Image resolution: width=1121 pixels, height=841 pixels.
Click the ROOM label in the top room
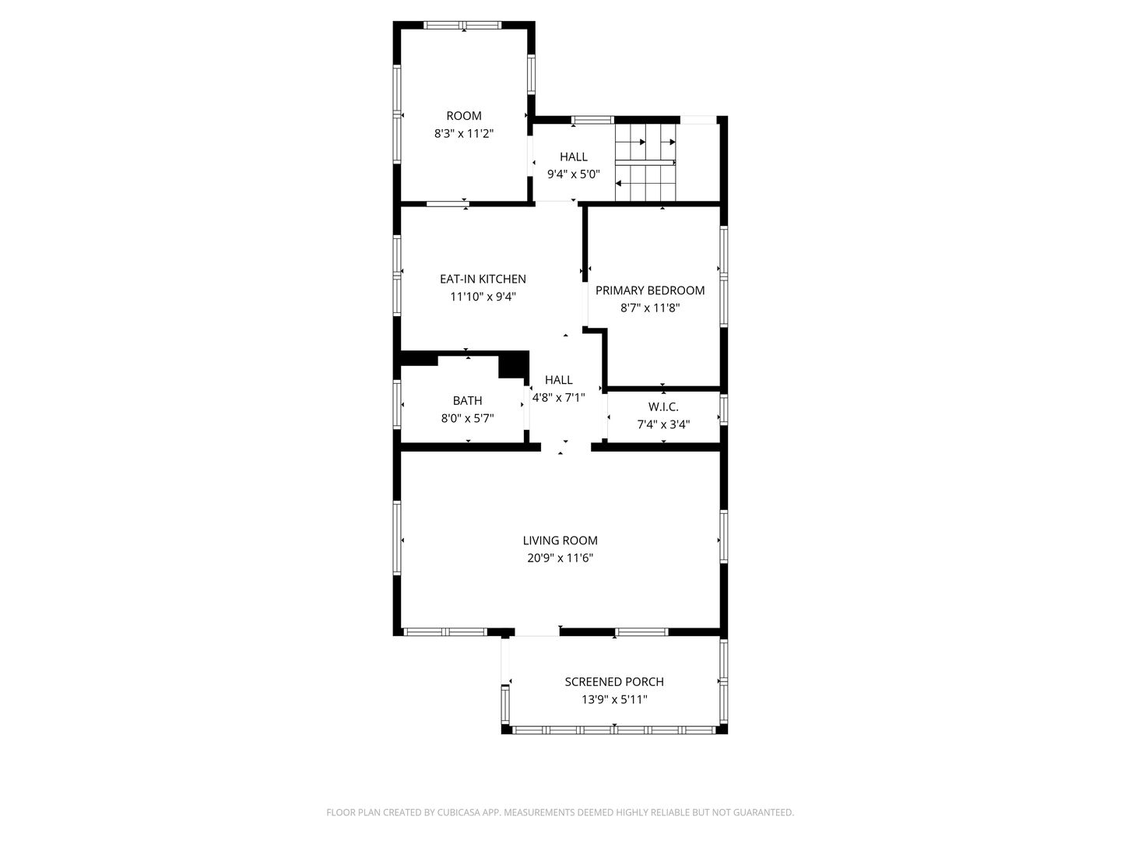click(x=464, y=116)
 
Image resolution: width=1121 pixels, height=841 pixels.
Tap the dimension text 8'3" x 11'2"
click(x=464, y=134)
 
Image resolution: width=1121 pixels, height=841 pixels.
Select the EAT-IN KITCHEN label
click(x=483, y=279)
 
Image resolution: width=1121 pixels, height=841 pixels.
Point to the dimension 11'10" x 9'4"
click(x=483, y=297)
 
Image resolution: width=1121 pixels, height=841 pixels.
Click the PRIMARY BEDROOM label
click(x=650, y=290)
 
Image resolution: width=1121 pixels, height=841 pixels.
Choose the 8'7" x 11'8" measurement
click(x=650, y=308)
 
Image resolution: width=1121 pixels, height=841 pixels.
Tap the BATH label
click(x=467, y=401)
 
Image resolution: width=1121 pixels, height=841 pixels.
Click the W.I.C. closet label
click(x=663, y=407)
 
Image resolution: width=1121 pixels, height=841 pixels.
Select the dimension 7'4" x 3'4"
click(x=663, y=424)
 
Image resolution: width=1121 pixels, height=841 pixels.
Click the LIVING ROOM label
click(x=560, y=540)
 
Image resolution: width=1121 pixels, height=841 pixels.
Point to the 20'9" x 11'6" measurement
click(x=560, y=558)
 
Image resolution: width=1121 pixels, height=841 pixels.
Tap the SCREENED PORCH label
click(x=614, y=682)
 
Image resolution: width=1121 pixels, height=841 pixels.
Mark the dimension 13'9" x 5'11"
click(x=614, y=700)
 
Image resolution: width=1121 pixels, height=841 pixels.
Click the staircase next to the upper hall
click(x=645, y=162)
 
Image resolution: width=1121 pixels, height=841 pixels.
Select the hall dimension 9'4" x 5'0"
click(x=573, y=174)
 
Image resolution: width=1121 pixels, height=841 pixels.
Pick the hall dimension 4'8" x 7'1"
click(x=558, y=397)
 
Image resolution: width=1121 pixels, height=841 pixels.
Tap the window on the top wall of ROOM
click(x=464, y=25)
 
